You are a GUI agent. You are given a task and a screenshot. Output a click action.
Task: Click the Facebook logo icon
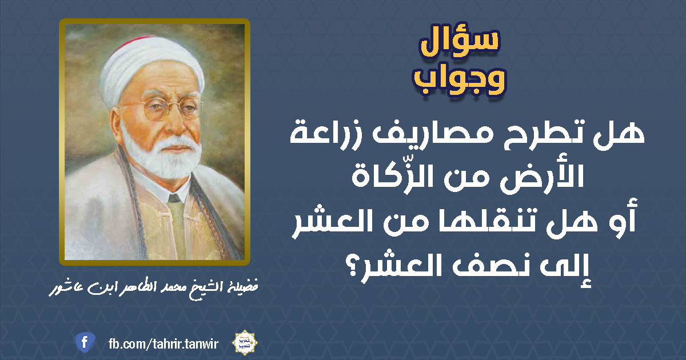(85, 342)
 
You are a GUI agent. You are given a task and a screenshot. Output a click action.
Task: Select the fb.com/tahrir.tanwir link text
(163, 344)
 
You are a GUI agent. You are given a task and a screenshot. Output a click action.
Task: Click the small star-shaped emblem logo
(245, 342)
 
